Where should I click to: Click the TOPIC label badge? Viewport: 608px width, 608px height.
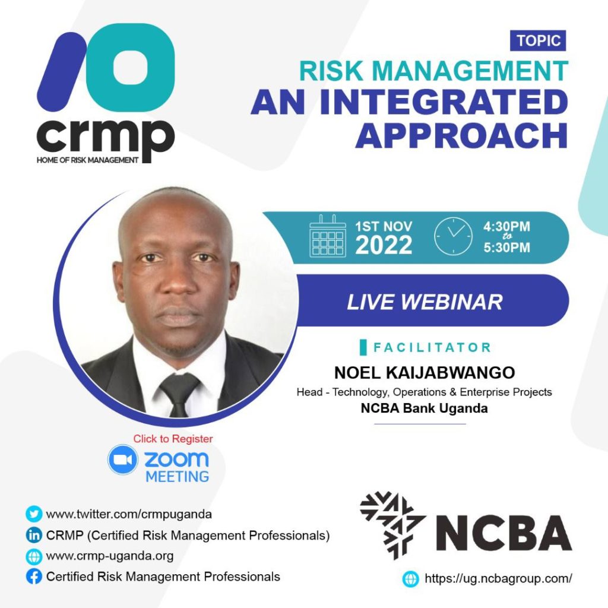pyautogui.click(x=538, y=40)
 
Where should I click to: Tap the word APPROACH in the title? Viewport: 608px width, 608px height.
pyautogui.click(x=461, y=135)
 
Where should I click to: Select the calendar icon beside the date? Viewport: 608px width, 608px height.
pyautogui.click(x=328, y=236)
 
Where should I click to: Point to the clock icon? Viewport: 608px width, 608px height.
pyautogui.click(x=453, y=236)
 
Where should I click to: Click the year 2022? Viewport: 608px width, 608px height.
pyautogui.click(x=384, y=245)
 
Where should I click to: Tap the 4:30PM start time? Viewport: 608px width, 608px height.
pyautogui.click(x=506, y=226)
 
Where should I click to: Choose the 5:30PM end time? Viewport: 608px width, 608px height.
pyautogui.click(x=506, y=248)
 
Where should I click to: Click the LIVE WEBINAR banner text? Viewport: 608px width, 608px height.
pyautogui.click(x=425, y=302)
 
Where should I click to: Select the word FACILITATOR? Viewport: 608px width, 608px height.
pyautogui.click(x=432, y=347)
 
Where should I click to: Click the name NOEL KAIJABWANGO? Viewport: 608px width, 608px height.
pyautogui.click(x=425, y=373)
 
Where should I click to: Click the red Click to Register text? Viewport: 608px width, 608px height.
pyautogui.click(x=173, y=439)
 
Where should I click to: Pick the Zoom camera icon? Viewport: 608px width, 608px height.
pyautogui.click(x=123, y=460)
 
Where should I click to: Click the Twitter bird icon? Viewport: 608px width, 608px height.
pyautogui.click(x=34, y=514)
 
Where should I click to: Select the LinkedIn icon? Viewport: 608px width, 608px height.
pyautogui.click(x=34, y=535)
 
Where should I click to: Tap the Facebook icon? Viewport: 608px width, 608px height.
pyautogui.click(x=34, y=577)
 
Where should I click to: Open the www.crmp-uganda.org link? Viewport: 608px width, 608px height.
pyautogui.click(x=110, y=556)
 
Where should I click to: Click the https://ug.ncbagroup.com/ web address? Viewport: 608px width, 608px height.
pyautogui.click(x=498, y=578)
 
